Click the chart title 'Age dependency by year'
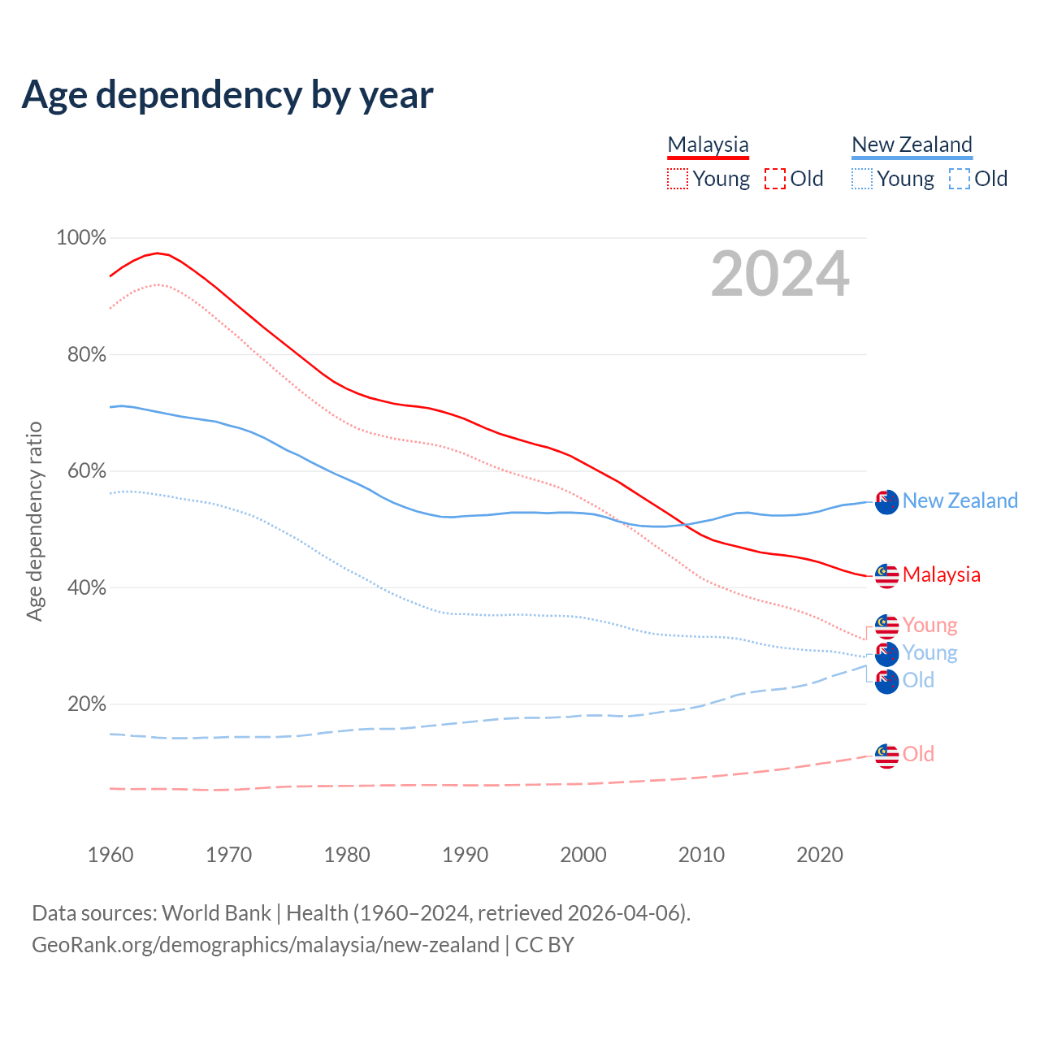pos(227,95)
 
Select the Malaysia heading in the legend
pos(708,145)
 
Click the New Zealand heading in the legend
pos(912,145)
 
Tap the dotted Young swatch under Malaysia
pos(678,179)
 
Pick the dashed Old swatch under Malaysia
pos(775,179)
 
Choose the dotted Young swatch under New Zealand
pos(862,179)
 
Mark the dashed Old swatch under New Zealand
pos(960,179)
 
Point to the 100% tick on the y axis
pos(81,238)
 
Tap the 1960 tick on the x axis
pos(110,855)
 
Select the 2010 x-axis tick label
pos(701,855)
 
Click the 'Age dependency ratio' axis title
pos(34,521)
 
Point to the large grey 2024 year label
pos(780,274)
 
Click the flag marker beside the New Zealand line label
pos(886,502)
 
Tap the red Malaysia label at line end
pos(941,574)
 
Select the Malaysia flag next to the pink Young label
pos(886,626)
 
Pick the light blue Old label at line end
pos(918,680)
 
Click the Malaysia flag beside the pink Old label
pos(886,756)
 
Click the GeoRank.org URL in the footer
pos(266,945)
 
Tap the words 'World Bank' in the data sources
pos(216,912)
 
